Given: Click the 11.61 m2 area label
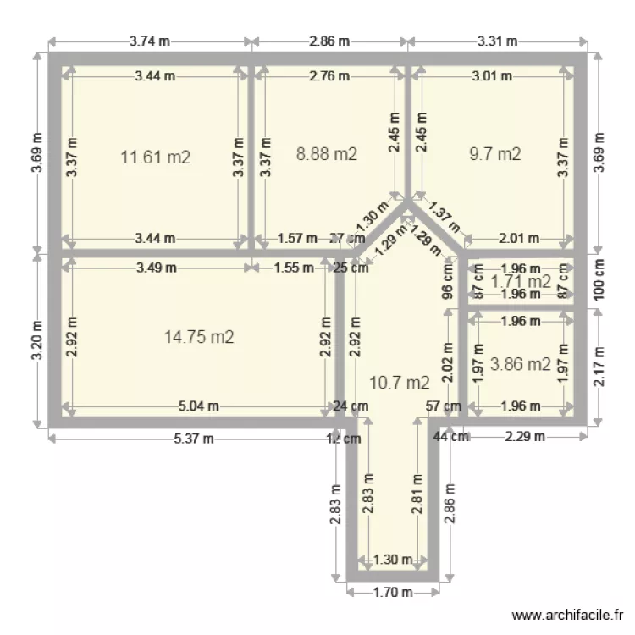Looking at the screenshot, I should point(155,157).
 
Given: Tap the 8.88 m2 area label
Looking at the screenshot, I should point(326,154).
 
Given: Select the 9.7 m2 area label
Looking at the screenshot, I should point(495,154).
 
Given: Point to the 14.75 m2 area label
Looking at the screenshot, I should point(199,337).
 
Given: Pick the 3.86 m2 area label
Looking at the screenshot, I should point(522,365).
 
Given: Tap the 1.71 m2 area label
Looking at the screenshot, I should point(522,281).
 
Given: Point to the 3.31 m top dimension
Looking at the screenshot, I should point(498,41).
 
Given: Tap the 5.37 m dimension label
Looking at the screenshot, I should point(195,438).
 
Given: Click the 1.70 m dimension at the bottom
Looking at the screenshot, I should point(393,593).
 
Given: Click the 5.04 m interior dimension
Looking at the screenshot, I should point(198,406).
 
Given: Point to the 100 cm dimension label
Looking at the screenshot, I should point(599,279).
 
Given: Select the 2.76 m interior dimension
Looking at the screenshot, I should point(329,76).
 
